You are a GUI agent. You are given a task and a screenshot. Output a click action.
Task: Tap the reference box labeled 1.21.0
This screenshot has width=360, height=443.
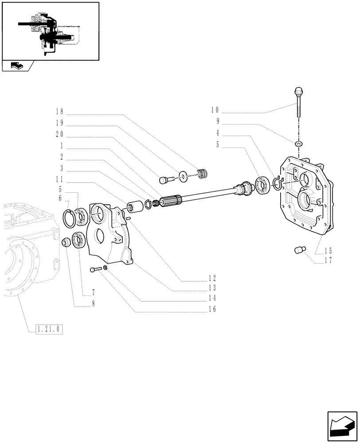pyautogui.click(x=49, y=329)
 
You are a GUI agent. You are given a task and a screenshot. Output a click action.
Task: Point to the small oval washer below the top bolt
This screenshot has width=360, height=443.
pyautogui.click(x=299, y=143)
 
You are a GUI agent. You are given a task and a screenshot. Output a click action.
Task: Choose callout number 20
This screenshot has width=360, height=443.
pyautogui.click(x=59, y=134)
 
